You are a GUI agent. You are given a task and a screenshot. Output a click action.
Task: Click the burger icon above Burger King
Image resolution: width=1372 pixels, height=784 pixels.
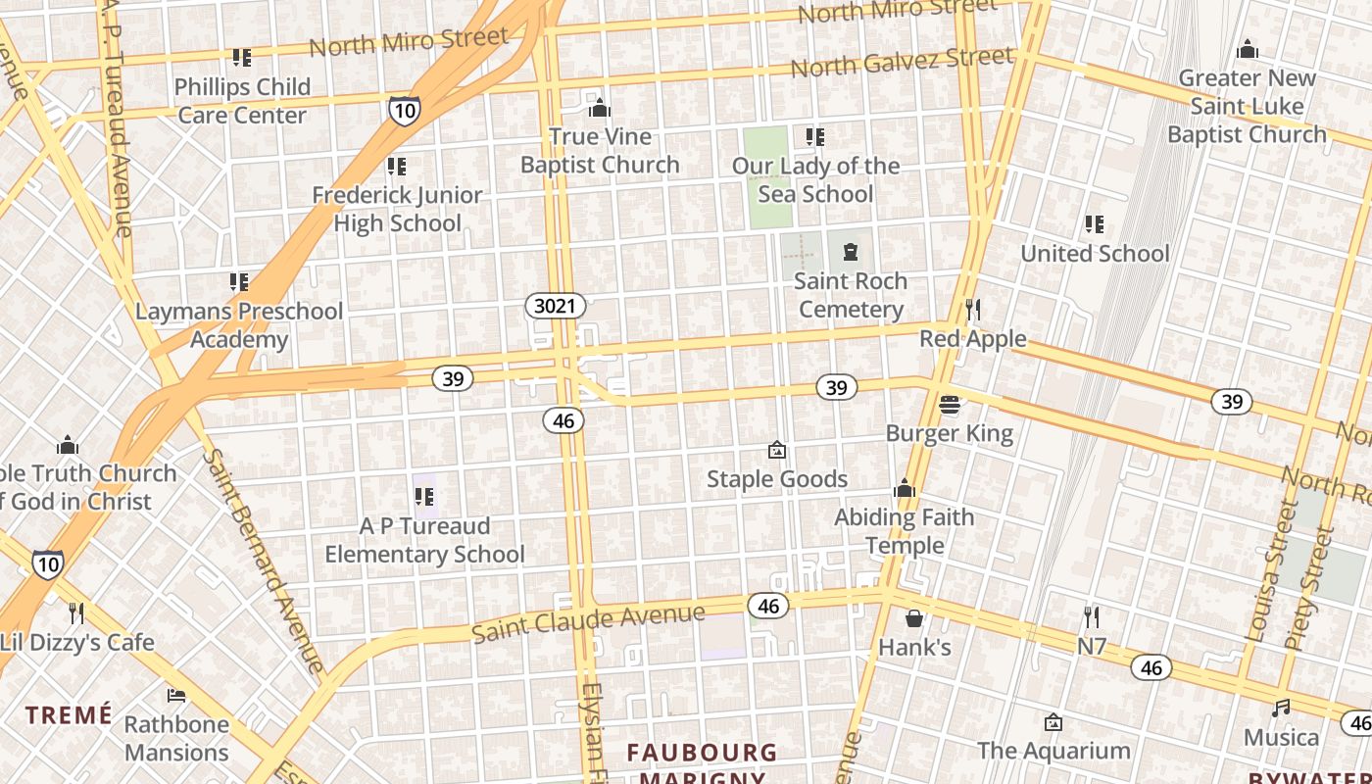(949, 404)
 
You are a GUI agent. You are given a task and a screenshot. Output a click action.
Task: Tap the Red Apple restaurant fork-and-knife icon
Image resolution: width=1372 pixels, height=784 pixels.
(972, 310)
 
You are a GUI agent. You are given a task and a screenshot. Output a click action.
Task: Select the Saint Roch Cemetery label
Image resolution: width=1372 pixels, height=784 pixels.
(850, 295)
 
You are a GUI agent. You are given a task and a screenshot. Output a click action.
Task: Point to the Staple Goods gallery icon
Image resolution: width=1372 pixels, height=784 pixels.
(777, 450)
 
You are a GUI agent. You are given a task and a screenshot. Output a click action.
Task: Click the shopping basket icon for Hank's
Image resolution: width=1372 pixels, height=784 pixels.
(913, 618)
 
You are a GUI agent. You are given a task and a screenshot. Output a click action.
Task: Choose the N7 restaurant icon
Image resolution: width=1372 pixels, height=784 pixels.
(1092, 617)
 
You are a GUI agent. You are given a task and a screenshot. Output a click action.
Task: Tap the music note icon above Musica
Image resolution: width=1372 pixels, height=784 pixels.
(1281, 708)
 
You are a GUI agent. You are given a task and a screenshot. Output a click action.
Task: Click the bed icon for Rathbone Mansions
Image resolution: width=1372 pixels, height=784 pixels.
(176, 696)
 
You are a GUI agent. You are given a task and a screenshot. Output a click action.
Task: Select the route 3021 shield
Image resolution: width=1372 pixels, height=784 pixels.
(555, 306)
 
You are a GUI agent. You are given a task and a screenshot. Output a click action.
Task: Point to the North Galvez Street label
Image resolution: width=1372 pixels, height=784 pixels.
(902, 62)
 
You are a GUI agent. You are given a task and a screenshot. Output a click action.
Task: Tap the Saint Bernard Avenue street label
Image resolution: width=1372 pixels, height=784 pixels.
(263, 561)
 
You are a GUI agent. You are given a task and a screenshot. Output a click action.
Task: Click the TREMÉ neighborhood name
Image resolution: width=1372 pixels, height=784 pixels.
(69, 714)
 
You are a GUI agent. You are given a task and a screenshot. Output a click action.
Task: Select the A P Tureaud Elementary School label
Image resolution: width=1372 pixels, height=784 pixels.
(424, 540)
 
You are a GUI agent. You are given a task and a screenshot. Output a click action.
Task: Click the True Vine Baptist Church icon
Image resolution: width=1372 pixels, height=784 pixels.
(599, 107)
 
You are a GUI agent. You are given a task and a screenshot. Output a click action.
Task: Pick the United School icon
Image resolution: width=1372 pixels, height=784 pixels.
(1095, 224)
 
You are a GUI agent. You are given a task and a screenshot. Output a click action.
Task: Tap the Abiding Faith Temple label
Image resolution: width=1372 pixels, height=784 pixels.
(904, 531)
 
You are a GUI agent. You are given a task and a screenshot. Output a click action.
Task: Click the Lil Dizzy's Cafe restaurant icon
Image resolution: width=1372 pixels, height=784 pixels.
(76, 613)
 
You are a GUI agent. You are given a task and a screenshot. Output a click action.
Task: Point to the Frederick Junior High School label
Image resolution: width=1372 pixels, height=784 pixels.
(397, 209)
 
